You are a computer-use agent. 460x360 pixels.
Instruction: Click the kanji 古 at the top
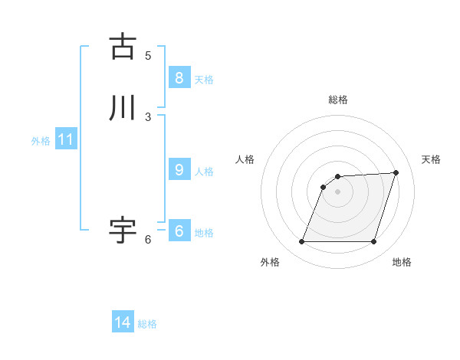point(123,47)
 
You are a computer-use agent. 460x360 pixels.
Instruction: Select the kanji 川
point(123,108)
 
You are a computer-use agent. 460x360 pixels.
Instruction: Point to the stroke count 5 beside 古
point(148,55)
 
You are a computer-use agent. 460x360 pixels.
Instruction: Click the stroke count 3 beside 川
point(148,116)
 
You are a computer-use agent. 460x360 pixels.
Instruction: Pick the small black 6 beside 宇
point(148,240)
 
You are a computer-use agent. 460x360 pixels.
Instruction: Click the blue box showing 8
point(179,77)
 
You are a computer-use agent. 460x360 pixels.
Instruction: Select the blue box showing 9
point(179,170)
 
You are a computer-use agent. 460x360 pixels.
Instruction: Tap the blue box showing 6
point(179,231)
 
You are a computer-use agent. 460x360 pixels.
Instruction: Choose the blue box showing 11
point(66,139)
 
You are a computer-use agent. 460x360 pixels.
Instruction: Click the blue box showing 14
point(123,322)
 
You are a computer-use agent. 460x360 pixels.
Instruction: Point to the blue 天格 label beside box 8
point(203,79)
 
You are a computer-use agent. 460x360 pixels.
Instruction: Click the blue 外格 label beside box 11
point(41,141)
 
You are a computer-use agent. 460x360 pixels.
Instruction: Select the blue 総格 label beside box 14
point(147,324)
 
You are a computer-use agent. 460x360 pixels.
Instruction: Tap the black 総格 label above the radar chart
point(338,100)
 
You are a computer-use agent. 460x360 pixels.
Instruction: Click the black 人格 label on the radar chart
point(245,159)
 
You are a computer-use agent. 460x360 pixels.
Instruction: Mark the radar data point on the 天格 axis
point(396,172)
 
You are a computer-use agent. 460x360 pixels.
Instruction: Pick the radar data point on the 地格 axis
point(373,242)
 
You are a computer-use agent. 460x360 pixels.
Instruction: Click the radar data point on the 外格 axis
point(301,242)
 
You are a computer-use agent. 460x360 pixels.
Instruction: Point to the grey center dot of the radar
point(337,191)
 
